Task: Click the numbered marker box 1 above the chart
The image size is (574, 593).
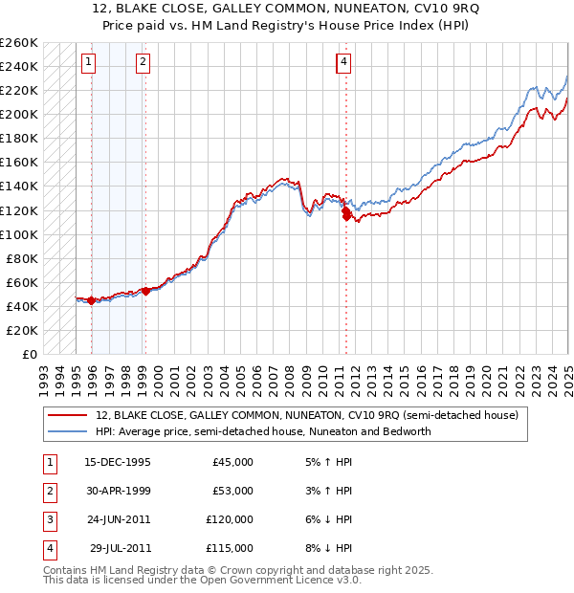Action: click(88, 63)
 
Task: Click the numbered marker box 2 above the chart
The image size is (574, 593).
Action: click(143, 63)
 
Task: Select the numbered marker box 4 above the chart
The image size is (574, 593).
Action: click(342, 63)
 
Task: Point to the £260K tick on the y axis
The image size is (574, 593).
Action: click(19, 43)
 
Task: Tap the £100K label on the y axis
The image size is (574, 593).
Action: click(19, 234)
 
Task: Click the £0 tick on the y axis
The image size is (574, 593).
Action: click(30, 354)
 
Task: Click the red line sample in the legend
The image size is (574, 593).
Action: click(68, 416)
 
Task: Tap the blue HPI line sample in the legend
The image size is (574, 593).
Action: click(68, 431)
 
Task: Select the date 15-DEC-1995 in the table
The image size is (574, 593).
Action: click(118, 462)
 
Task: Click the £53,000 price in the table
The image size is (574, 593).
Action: click(232, 491)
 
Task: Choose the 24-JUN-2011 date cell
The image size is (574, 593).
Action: click(118, 519)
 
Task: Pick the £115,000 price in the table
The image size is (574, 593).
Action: click(230, 548)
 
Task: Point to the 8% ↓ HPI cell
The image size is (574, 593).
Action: click(329, 548)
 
